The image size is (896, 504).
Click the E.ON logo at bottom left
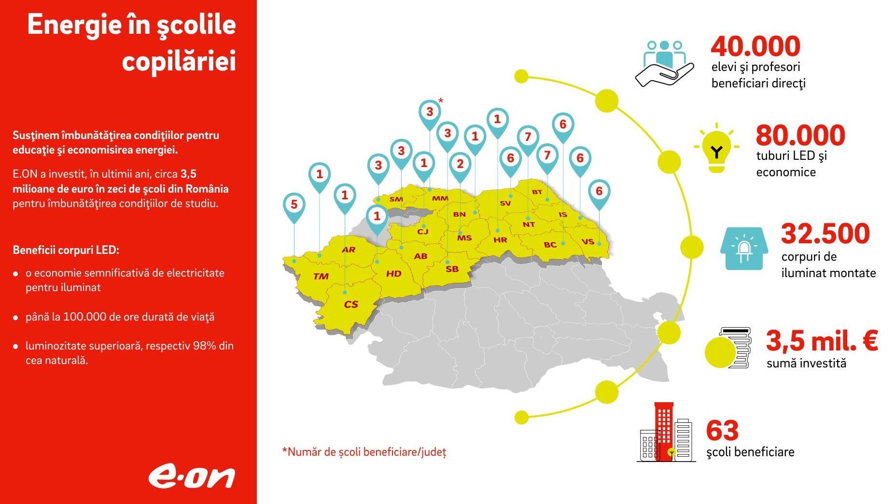tap(191, 477)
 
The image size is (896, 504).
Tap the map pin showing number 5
tap(294, 205)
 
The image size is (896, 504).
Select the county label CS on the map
tap(351, 305)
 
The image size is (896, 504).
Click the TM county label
tap(321, 277)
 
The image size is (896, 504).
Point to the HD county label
tap(393, 274)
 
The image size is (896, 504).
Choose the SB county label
tap(452, 269)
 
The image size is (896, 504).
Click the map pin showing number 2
tap(460, 164)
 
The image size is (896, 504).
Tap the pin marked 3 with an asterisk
tap(430, 112)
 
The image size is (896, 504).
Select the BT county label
tap(537, 192)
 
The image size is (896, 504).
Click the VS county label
tap(588, 241)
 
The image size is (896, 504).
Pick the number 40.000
tap(756, 46)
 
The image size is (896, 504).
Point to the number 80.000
tap(800, 135)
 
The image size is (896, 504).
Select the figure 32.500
tap(826, 233)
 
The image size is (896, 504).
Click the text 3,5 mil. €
tap(822, 341)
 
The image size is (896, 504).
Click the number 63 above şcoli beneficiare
tap(722, 431)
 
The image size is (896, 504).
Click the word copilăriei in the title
tap(179, 61)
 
